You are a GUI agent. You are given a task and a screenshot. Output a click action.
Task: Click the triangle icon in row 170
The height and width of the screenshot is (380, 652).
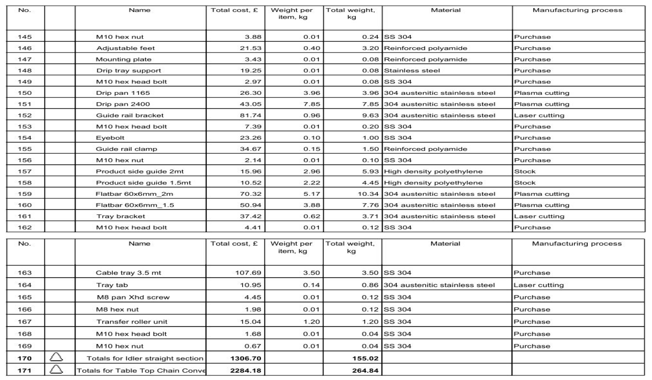click(56, 358)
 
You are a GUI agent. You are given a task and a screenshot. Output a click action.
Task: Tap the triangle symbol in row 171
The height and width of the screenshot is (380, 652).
click(56, 370)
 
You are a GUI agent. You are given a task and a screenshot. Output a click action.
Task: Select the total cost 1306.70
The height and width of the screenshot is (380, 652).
click(246, 359)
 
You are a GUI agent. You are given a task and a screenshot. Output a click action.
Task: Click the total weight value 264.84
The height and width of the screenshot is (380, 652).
click(365, 371)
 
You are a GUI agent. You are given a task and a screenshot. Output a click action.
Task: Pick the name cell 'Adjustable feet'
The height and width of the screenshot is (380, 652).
click(125, 48)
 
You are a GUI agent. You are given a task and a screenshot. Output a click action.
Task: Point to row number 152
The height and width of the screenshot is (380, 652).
click(25, 115)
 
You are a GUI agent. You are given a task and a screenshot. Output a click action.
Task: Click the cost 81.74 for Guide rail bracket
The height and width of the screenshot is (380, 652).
click(250, 115)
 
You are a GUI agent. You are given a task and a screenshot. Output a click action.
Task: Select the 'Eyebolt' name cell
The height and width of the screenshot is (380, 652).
click(110, 138)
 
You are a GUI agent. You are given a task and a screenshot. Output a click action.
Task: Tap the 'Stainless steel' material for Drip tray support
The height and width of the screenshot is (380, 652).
click(412, 71)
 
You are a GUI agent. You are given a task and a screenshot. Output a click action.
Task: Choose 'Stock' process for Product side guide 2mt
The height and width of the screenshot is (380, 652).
click(525, 171)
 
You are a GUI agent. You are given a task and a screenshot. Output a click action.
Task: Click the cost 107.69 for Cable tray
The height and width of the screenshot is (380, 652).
click(248, 273)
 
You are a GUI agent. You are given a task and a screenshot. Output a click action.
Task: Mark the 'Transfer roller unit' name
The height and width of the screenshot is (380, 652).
click(132, 322)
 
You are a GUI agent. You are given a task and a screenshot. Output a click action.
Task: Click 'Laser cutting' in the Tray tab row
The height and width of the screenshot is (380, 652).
click(538, 285)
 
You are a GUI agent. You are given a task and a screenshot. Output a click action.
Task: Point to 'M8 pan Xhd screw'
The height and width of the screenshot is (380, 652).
click(133, 297)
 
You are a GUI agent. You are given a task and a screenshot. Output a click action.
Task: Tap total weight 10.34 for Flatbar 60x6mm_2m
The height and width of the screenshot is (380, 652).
click(368, 194)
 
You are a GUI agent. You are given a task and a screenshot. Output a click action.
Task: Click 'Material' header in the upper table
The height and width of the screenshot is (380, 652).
click(446, 10)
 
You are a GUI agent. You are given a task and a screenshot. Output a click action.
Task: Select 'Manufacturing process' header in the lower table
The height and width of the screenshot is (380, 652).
click(577, 244)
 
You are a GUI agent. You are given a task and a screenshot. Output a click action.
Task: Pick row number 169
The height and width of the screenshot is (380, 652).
click(25, 346)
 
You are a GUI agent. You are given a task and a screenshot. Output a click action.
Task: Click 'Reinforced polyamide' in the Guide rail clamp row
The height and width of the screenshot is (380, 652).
click(426, 149)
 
